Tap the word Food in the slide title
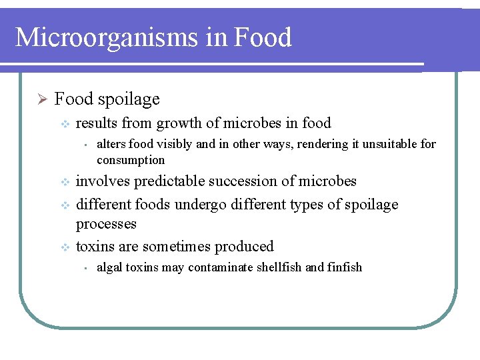point(263,37)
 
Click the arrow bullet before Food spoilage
point(41,99)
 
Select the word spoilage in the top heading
point(129,100)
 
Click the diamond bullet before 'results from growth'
point(65,123)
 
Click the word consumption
point(131,160)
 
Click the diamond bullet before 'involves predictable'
point(65,182)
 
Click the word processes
point(106,224)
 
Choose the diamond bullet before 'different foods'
point(65,205)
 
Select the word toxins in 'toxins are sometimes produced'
point(95,247)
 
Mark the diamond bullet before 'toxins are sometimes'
point(65,247)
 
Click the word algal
point(109,267)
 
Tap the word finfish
point(344,267)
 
